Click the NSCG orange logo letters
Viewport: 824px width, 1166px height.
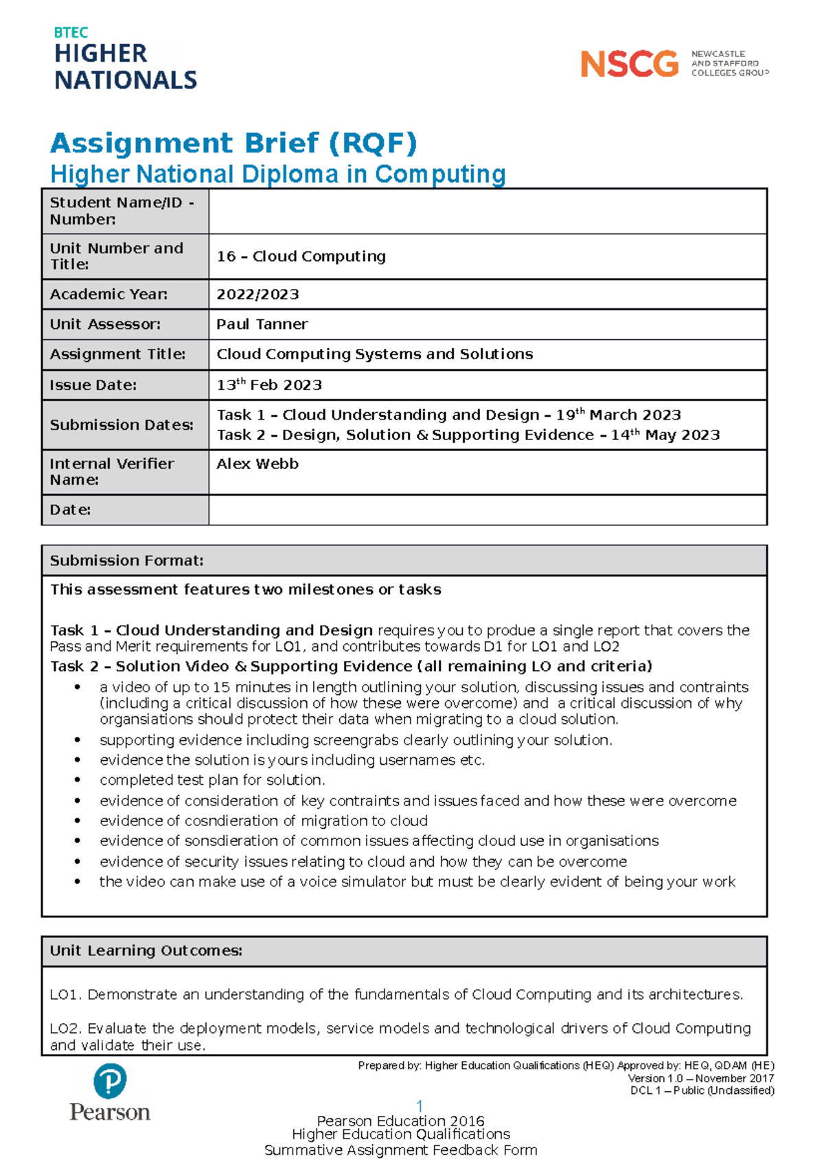coord(629,65)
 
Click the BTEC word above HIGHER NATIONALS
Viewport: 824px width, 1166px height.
coord(71,32)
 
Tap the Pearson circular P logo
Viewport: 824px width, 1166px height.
coord(110,1081)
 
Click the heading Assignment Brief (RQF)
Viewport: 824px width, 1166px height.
coord(233,143)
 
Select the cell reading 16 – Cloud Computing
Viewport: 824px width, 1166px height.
coord(301,256)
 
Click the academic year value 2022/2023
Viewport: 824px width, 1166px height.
coord(257,295)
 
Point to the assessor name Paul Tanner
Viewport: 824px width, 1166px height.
coord(262,324)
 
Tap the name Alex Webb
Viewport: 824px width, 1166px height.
coord(257,464)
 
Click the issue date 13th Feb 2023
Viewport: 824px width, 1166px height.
coord(269,385)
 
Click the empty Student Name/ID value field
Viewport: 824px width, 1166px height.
coord(487,212)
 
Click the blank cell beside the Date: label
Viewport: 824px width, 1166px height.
coord(487,510)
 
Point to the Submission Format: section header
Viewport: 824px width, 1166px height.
coord(126,560)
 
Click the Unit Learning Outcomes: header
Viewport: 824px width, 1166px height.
coord(146,950)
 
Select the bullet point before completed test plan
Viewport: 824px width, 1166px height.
coord(78,780)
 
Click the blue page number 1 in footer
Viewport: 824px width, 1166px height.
coord(420,1106)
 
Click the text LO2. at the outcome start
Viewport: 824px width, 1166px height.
coord(66,1029)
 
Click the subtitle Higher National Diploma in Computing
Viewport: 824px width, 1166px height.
coord(278,174)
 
